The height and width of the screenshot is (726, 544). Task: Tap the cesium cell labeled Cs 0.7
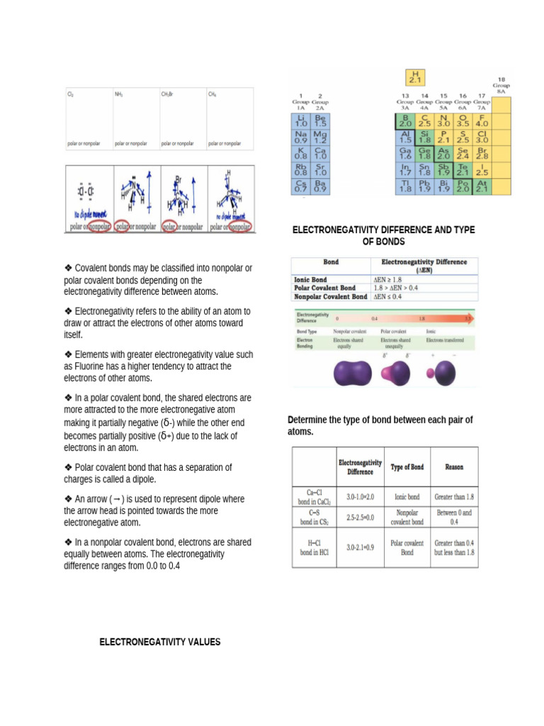pos(300,186)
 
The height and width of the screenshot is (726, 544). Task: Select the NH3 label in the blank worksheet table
pos(119,94)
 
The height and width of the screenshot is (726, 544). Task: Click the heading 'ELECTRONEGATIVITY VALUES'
pos(159,642)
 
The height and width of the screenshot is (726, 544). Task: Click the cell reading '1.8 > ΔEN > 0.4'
pos(399,289)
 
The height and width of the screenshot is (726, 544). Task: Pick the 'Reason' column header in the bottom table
pos(454,467)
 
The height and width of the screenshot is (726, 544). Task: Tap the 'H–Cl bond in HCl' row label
pos(312,547)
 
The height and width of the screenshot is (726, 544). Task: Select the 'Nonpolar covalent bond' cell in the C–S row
pos(407,517)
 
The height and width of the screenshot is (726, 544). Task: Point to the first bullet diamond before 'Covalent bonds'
pos(68,268)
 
